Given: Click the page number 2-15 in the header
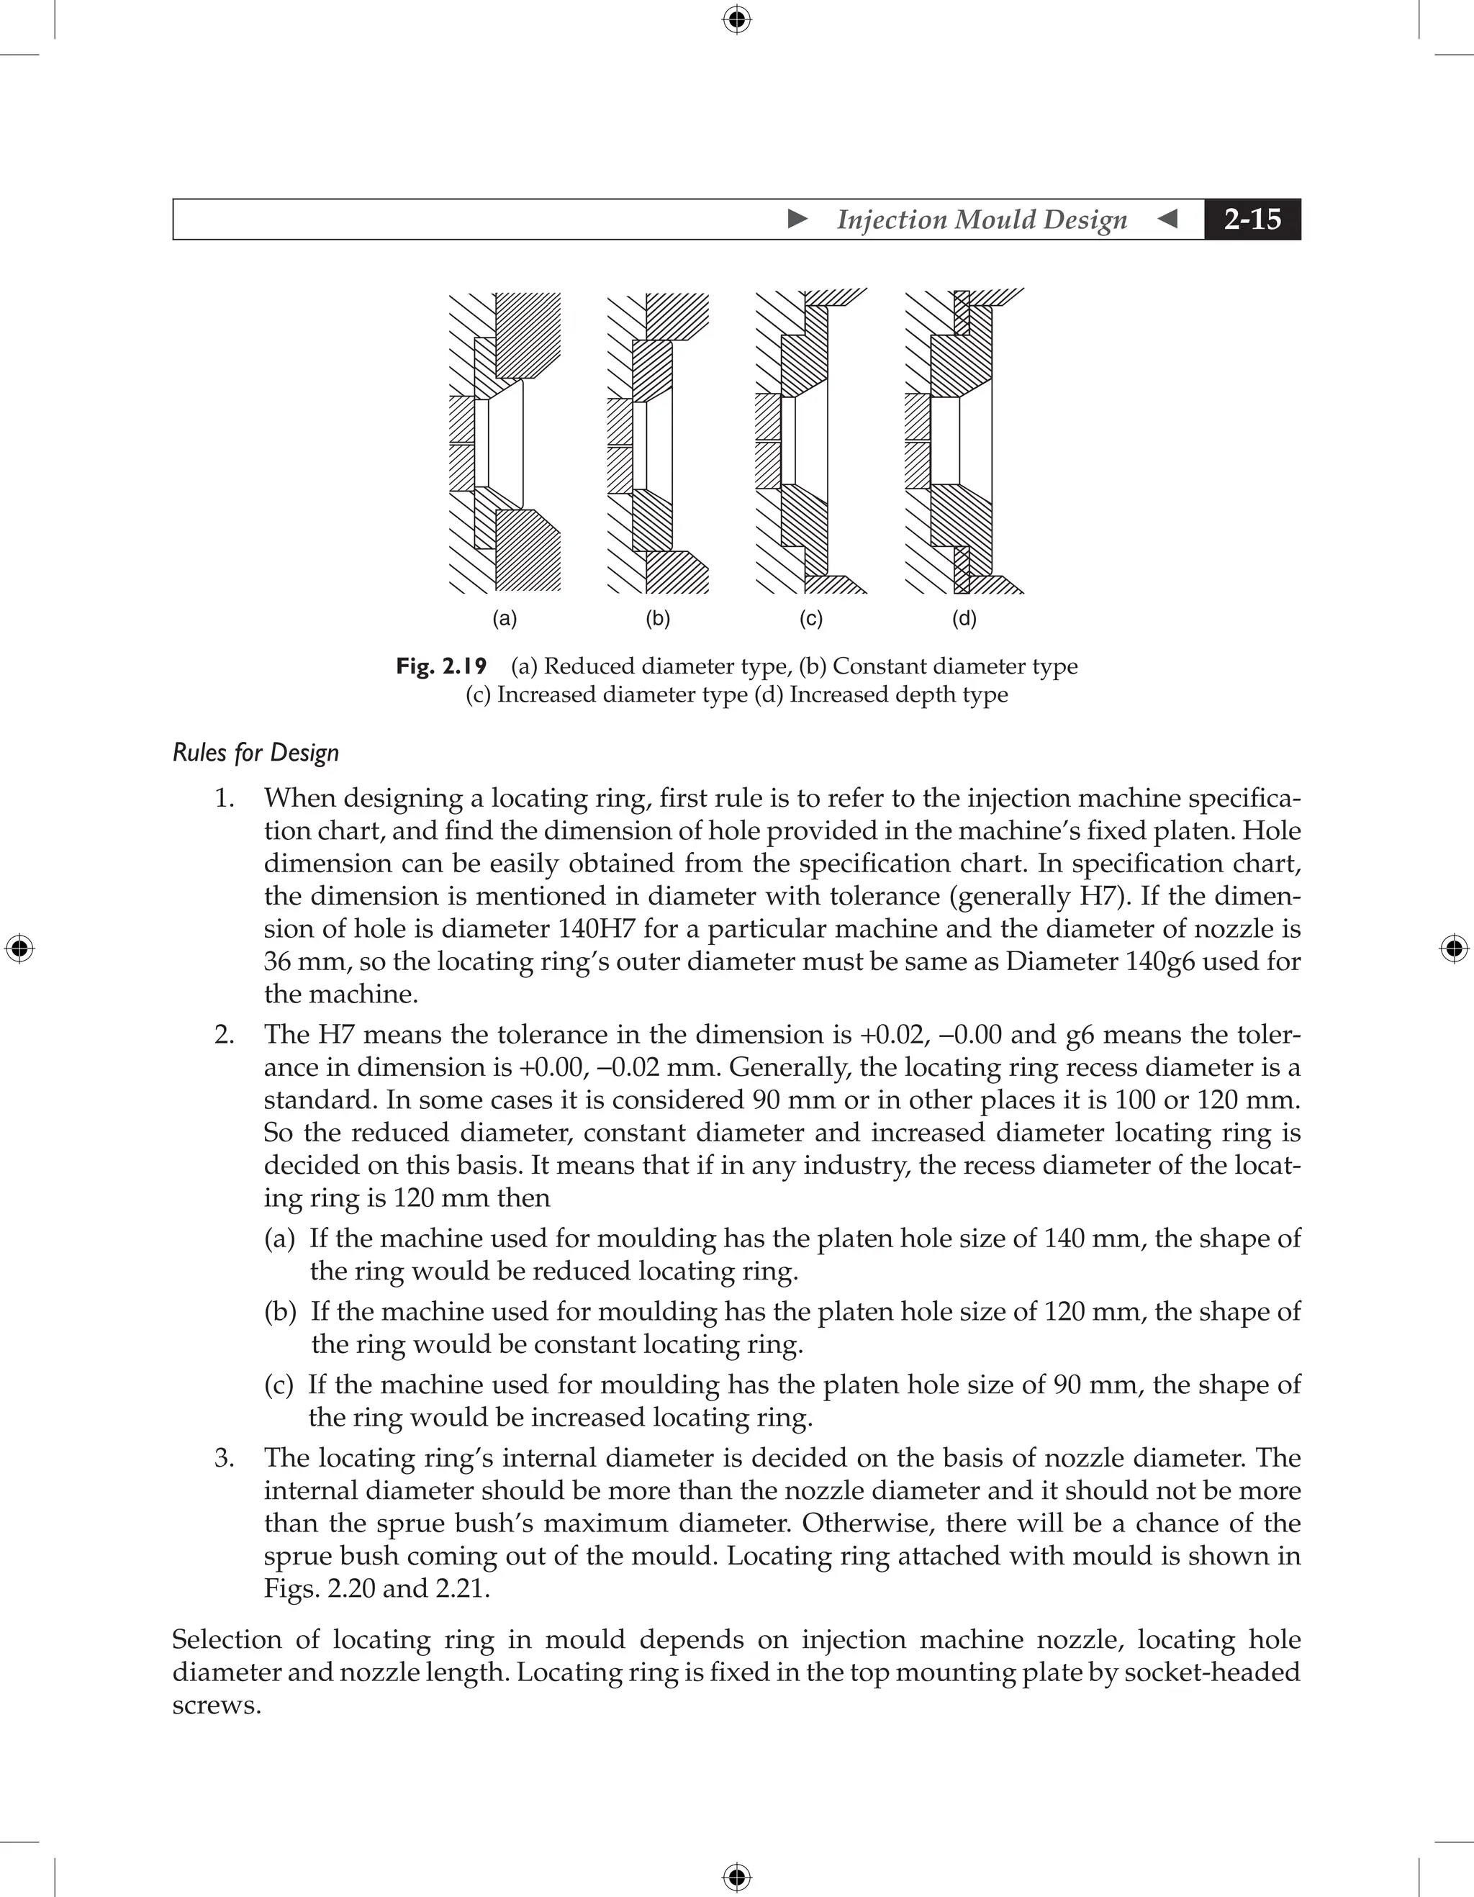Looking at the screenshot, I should (1252, 219).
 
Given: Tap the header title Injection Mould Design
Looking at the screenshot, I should (982, 219).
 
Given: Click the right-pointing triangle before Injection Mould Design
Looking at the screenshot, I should (797, 219).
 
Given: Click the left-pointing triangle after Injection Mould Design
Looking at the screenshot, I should (1168, 219).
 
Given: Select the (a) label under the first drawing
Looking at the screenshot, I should (505, 618).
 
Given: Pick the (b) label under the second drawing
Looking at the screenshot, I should (658, 618).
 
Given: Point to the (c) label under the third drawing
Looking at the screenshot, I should (810, 618).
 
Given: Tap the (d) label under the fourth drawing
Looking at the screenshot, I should (964, 618).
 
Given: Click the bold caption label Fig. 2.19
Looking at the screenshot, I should (441, 666).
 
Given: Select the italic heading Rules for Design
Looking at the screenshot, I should (256, 752).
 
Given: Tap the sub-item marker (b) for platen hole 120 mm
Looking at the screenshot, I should (280, 1312).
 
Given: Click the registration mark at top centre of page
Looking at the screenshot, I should (736, 19).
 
